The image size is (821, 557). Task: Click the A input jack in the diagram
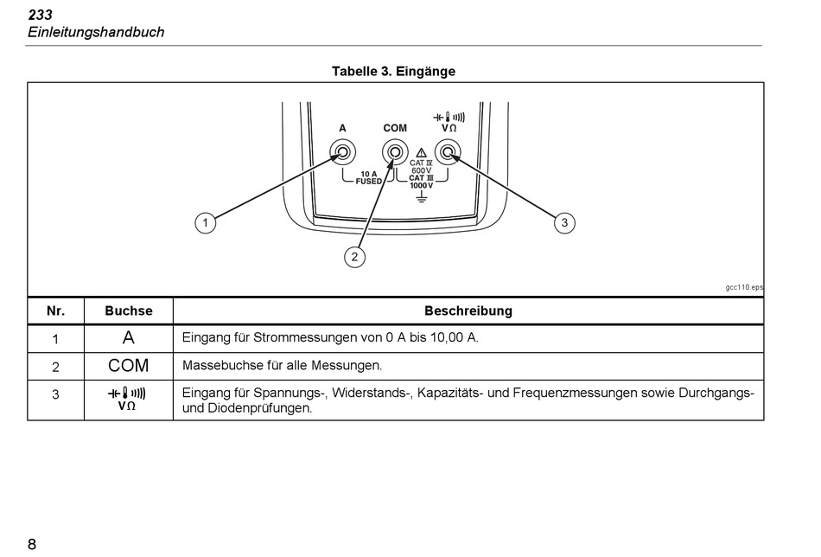(342, 154)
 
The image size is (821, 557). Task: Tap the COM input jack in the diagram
(395, 154)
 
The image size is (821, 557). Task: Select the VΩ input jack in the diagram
(448, 154)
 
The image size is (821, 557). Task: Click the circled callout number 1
(205, 223)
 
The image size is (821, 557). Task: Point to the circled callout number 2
(353, 256)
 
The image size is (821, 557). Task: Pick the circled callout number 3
(564, 223)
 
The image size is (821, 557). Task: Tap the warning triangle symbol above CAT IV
(422, 151)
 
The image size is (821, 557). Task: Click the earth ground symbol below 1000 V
(422, 198)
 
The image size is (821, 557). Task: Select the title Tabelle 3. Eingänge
(393, 71)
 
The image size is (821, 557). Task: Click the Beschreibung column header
(468, 311)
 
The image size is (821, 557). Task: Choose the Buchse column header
(128, 311)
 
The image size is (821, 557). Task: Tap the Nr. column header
(55, 311)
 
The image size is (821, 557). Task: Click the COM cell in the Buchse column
(128, 366)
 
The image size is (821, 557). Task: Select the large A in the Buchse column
(128, 337)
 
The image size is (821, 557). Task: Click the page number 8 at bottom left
(32, 544)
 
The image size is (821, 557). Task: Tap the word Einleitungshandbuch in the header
(95, 32)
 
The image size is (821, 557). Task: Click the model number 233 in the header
(40, 15)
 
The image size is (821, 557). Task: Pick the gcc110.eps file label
(744, 287)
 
